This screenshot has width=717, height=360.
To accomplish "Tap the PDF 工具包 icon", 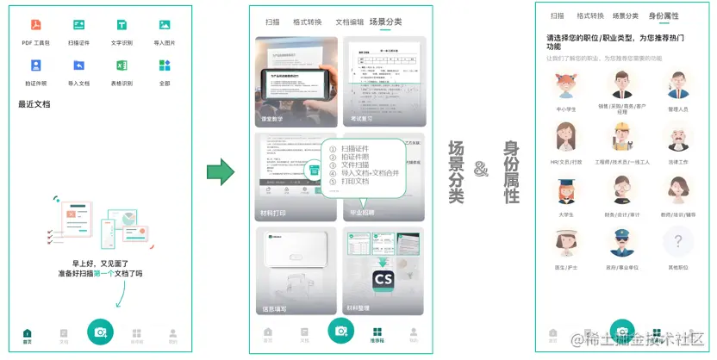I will [36, 25].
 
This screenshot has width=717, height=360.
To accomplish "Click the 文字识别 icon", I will [122, 25].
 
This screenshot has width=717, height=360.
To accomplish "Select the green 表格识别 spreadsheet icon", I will [122, 65].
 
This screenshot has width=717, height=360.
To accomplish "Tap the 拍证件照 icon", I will [36, 65].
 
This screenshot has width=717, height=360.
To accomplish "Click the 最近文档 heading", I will [34, 104].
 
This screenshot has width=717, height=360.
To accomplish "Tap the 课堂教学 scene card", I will [296, 81].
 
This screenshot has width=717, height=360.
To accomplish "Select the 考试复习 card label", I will [362, 119].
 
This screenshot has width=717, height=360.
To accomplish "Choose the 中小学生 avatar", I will [565, 86].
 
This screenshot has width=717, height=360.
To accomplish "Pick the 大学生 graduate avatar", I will [565, 192].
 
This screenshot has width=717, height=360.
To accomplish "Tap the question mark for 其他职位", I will [679, 242].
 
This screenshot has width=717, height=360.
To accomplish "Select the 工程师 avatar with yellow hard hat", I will [622, 138].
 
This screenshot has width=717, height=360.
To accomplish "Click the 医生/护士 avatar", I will [565, 242].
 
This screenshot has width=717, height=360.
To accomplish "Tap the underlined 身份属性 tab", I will [664, 16].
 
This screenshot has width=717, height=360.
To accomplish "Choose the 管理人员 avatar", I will [679, 86].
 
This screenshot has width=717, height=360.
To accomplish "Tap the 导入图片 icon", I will [165, 25].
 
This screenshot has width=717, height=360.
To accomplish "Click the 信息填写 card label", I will [274, 308].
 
